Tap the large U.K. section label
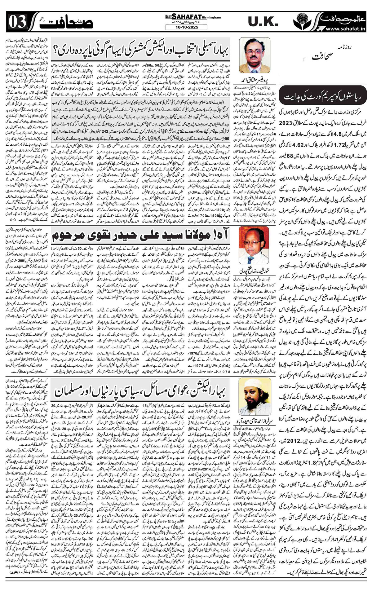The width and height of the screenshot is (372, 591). click(x=261, y=22)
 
